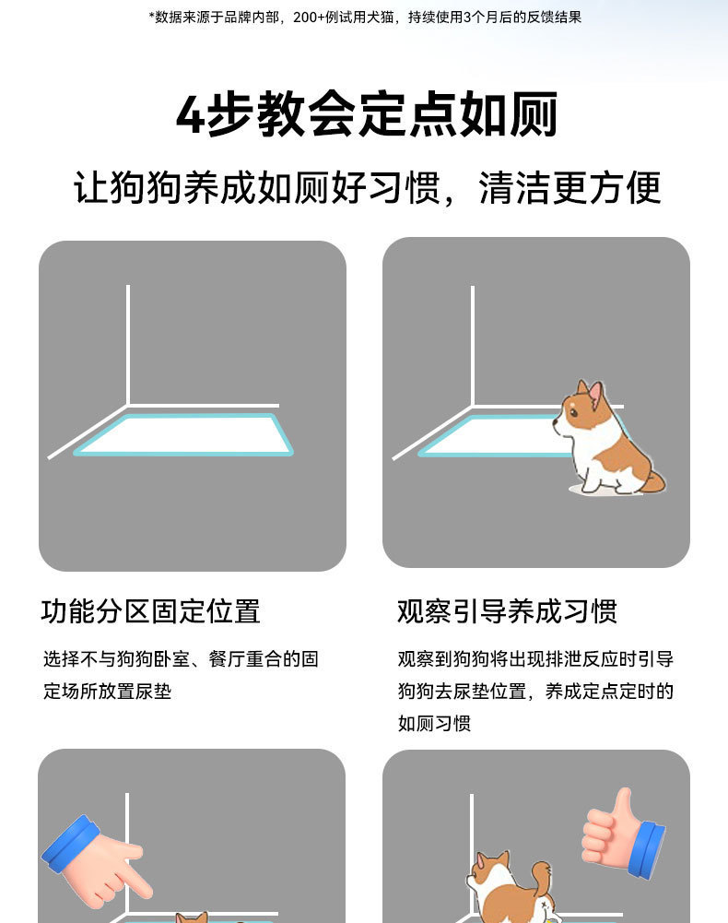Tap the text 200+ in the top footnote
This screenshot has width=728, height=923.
[309, 18]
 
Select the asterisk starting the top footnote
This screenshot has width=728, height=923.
[150, 16]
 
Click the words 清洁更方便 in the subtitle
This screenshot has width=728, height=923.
[569, 188]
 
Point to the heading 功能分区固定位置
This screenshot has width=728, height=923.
[150, 611]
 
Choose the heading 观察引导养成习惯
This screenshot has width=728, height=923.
[508, 611]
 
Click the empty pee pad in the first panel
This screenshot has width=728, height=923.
[183, 434]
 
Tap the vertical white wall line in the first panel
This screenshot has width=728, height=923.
[128, 345]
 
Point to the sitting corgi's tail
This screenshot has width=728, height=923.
[655, 479]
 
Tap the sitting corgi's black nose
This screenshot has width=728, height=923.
[555, 422]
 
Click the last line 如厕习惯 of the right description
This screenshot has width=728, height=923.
[434, 724]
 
